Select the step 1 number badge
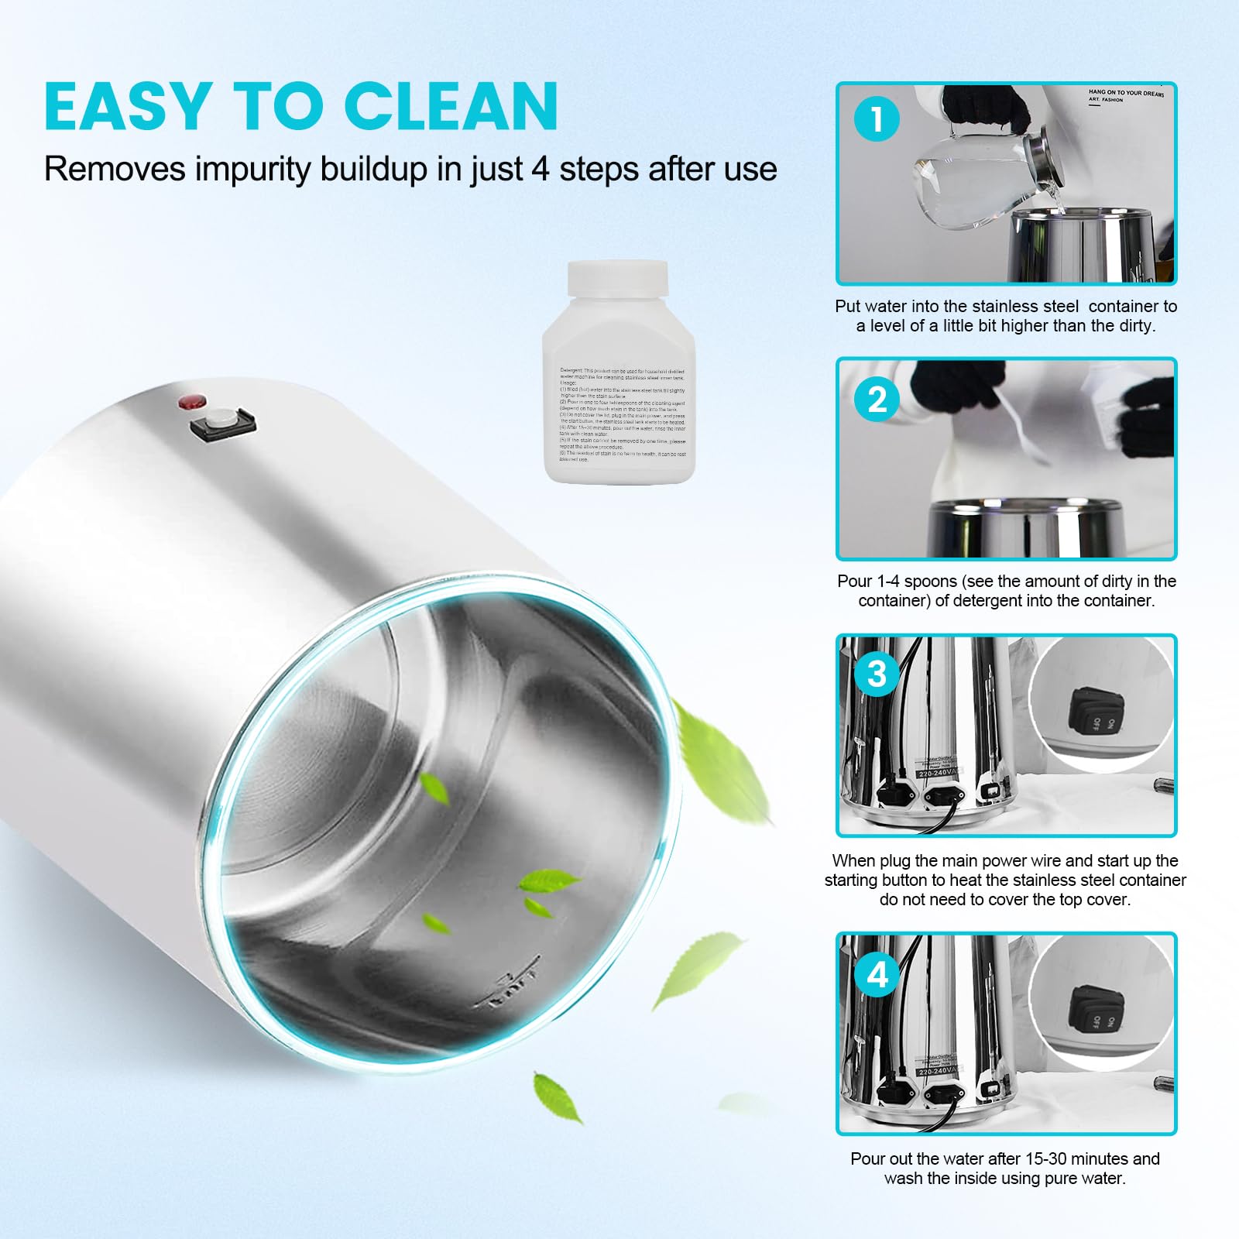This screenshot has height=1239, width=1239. [877, 120]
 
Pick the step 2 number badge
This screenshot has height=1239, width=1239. [877, 400]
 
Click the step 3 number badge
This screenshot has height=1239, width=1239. [877, 674]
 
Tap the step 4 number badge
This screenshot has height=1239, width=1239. [877, 974]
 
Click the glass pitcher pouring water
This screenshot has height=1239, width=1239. [976, 174]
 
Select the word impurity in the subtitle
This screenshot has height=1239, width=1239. [253, 169]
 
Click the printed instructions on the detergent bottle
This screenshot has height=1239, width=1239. [621, 414]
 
